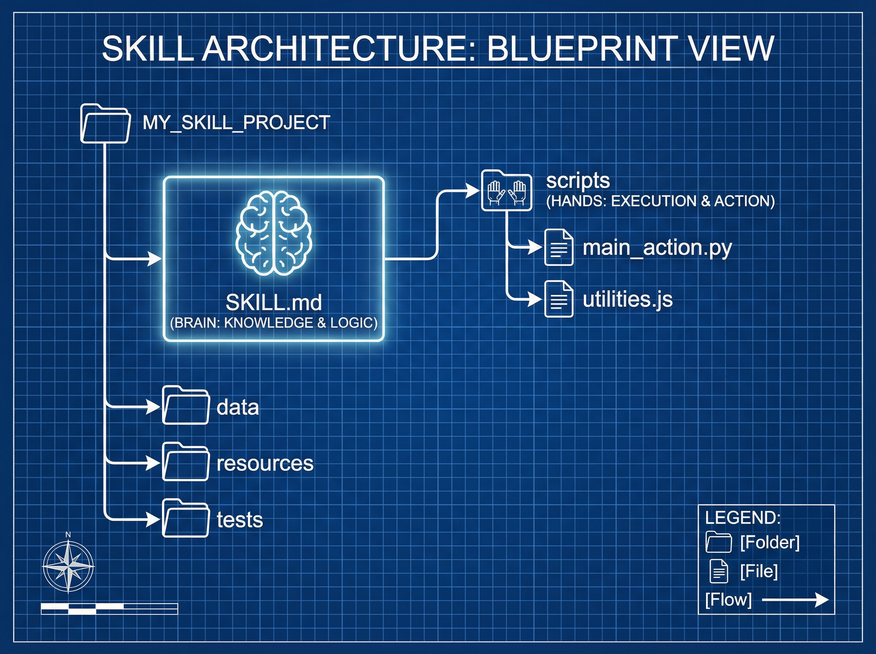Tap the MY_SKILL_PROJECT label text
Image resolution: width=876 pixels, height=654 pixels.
(x=236, y=123)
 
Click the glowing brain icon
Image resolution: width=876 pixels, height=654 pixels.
(x=273, y=233)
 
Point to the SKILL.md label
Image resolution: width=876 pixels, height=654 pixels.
(x=273, y=303)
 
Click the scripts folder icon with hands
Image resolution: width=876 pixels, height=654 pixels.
(x=506, y=191)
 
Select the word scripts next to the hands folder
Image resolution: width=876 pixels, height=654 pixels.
(x=577, y=181)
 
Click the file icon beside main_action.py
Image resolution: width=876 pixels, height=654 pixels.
(x=558, y=247)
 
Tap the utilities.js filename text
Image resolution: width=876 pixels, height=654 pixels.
(x=627, y=299)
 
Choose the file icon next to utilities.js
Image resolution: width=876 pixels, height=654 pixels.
(x=558, y=299)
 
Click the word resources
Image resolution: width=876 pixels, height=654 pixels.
(x=265, y=463)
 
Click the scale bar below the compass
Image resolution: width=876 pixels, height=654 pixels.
(x=109, y=609)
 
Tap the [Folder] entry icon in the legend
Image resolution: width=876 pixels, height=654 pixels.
(x=718, y=542)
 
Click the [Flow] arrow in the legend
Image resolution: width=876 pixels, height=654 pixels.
(x=795, y=600)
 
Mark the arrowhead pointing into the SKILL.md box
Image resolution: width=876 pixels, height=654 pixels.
(x=155, y=259)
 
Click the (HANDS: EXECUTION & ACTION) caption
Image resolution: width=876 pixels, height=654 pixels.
(x=660, y=201)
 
